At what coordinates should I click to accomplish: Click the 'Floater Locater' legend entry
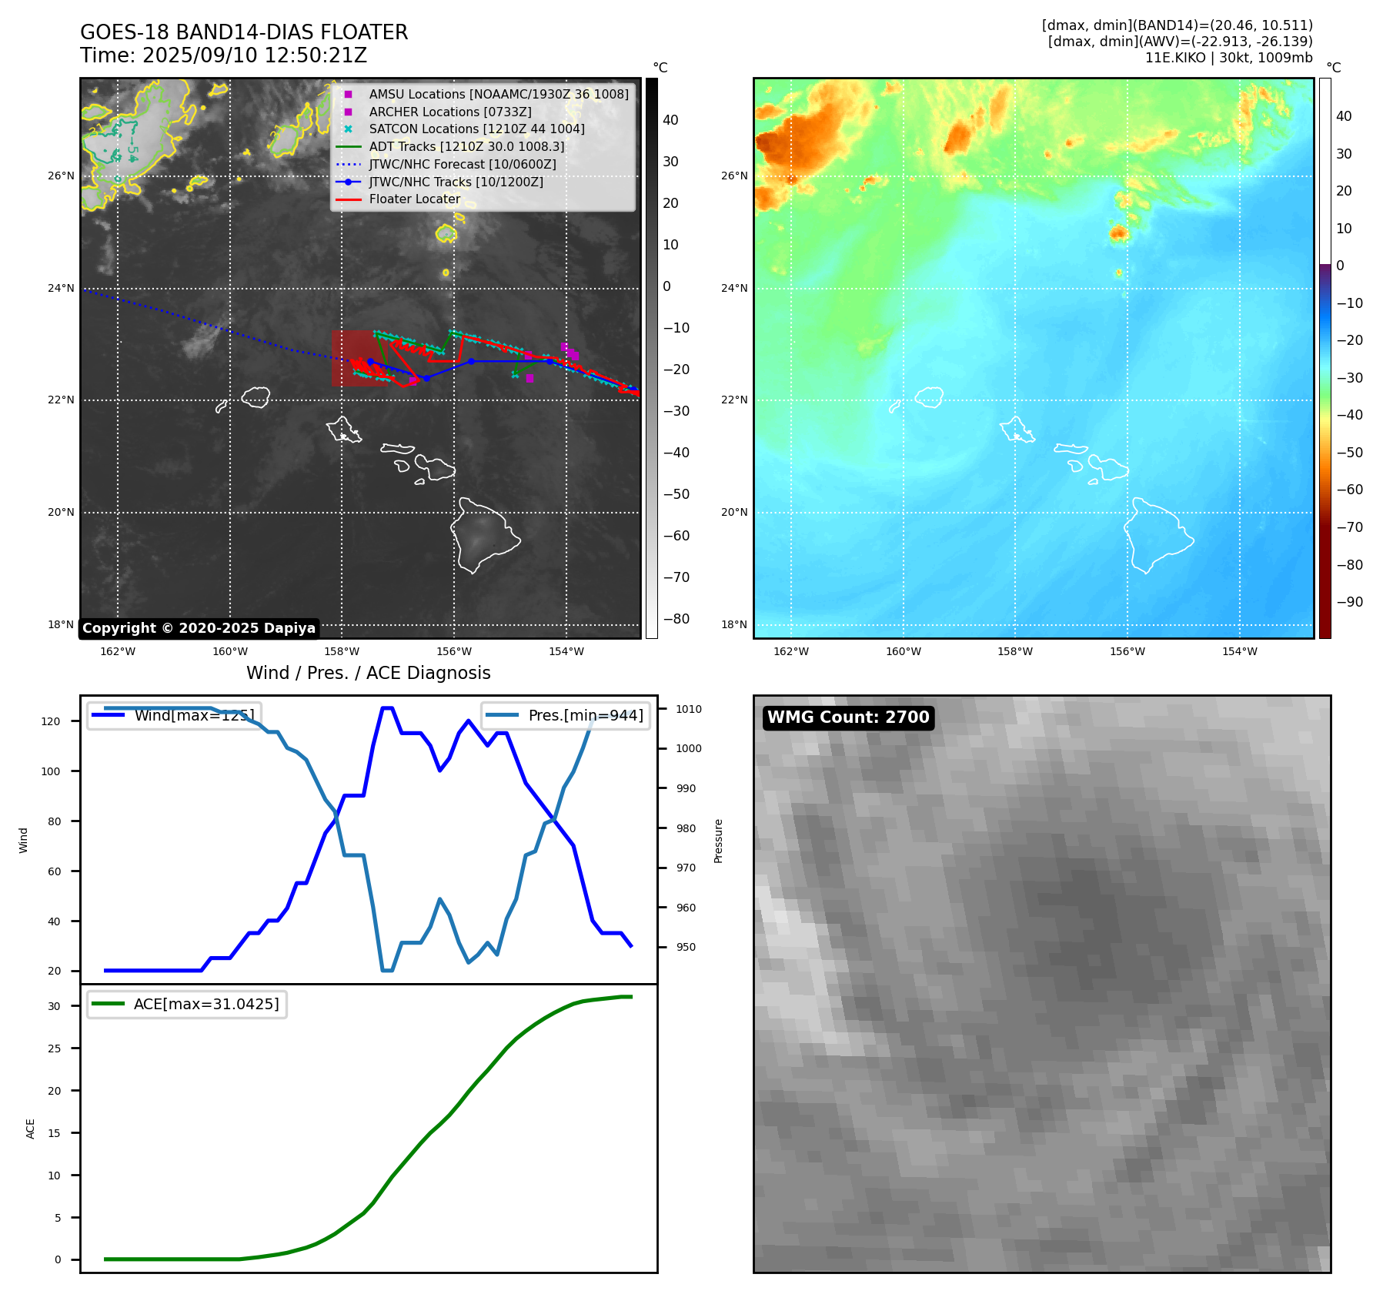coord(414,199)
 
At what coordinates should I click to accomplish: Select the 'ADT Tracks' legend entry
coord(466,147)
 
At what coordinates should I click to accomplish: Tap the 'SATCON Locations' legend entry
coord(476,129)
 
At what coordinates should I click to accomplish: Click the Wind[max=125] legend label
coord(194,715)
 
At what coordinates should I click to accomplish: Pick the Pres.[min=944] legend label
coord(586,715)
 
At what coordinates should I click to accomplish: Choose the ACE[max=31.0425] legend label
coord(206,1005)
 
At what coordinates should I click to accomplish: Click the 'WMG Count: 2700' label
coord(848,717)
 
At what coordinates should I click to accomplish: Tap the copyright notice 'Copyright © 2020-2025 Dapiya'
coord(199,628)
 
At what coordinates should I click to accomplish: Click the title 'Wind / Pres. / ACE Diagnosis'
coord(368,673)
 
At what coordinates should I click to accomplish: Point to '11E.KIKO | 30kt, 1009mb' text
coord(1228,58)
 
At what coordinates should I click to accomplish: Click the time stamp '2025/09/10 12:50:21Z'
coord(255,55)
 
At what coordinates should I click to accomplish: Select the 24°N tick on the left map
coord(61,289)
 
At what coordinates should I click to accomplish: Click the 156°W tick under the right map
coord(1127,651)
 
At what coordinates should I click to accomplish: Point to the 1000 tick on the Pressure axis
coord(689,748)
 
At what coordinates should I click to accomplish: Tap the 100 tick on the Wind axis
coord(51,771)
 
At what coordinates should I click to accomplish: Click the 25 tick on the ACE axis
coord(54,1048)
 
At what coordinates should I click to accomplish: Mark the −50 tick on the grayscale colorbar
coord(676,494)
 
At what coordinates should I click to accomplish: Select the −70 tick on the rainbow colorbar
coord(1349,527)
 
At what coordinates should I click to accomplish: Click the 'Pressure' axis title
coord(718,841)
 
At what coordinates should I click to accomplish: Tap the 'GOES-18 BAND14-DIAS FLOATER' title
coord(244,32)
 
